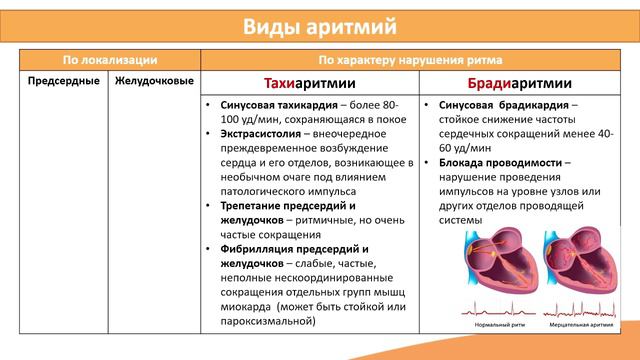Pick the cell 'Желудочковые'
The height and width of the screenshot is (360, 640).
point(154,80)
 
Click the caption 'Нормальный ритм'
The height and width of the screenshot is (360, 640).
point(493,326)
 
